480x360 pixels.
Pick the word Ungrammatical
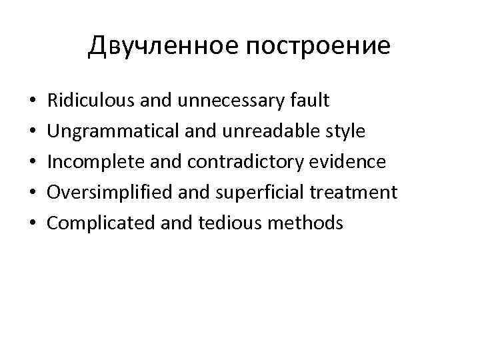tap(107, 131)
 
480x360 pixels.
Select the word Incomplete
tap(92, 162)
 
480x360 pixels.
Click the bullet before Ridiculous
tap(33, 102)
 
